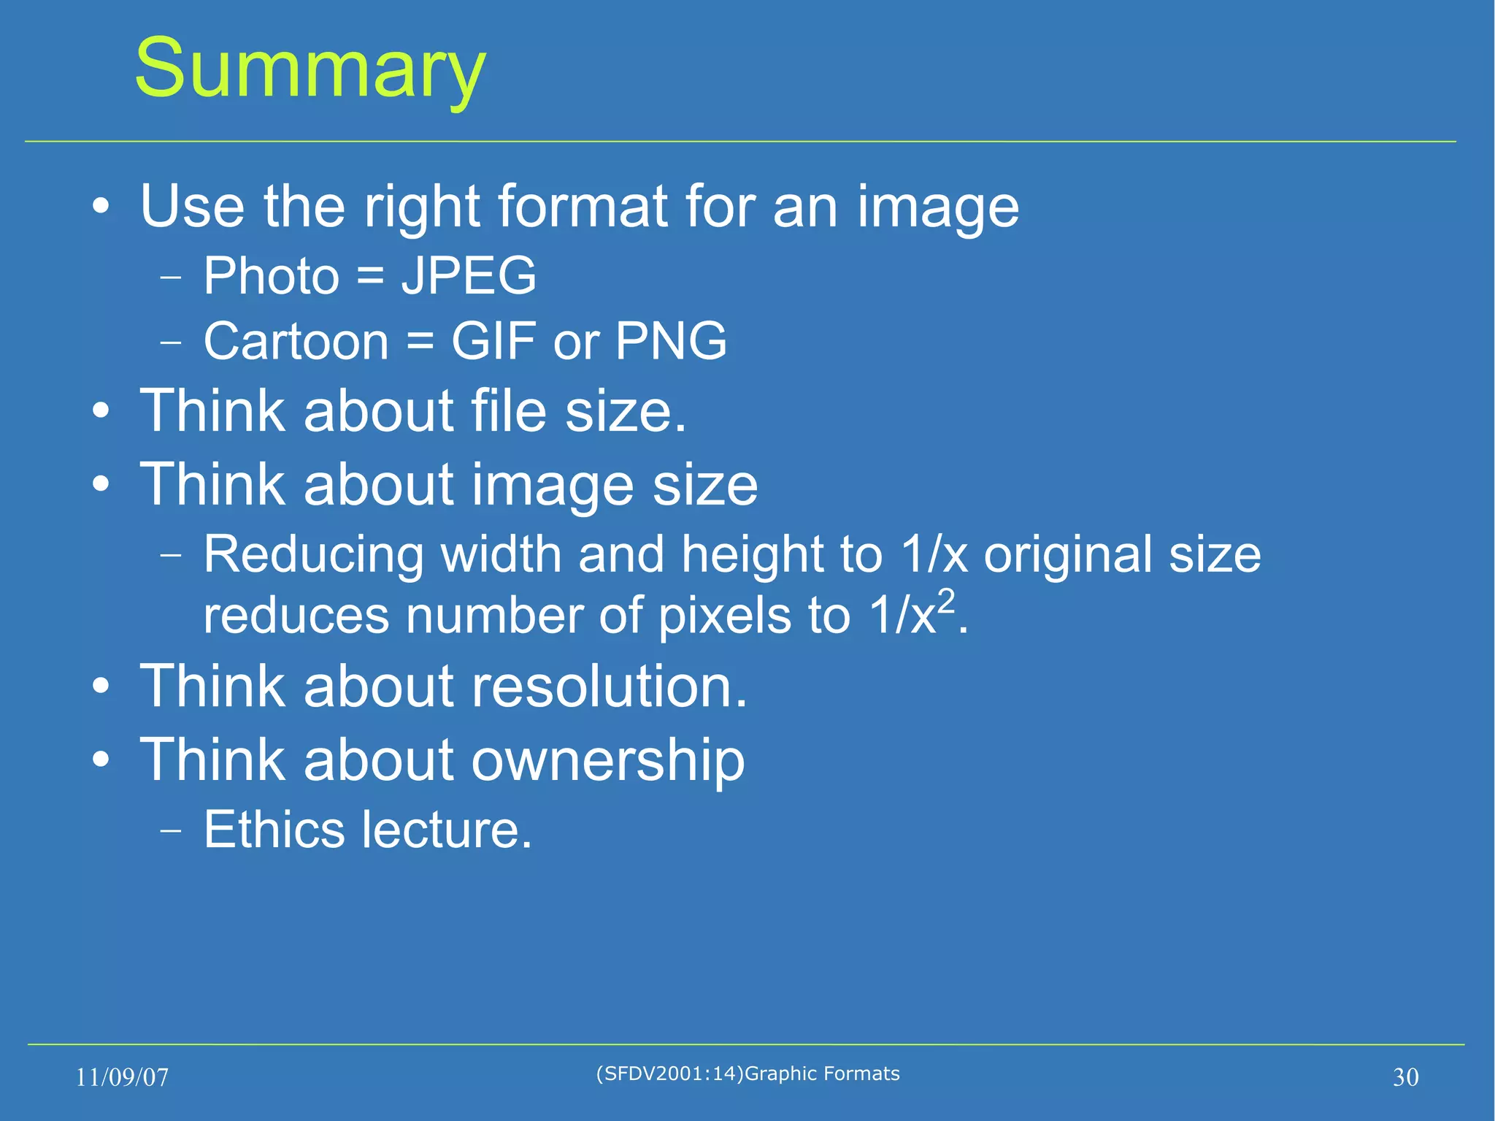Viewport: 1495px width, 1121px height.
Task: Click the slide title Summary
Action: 310,69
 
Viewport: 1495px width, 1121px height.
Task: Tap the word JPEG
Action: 469,276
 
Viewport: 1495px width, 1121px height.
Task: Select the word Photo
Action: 272,276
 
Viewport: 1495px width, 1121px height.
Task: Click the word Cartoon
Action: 296,341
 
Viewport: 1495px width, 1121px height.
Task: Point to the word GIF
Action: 494,341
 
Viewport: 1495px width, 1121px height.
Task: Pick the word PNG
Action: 671,341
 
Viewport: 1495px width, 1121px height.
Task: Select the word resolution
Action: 609,686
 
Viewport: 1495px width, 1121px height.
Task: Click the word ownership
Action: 607,760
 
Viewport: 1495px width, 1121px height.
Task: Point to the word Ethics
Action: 274,830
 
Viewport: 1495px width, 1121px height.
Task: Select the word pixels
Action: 724,616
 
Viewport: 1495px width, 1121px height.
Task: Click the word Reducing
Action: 313,554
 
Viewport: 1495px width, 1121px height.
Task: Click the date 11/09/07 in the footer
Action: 122,1077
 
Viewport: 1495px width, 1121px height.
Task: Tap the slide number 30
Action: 1405,1077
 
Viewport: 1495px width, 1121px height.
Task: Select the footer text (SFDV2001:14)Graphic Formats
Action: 747,1074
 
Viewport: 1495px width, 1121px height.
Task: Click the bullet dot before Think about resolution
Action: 101,686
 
